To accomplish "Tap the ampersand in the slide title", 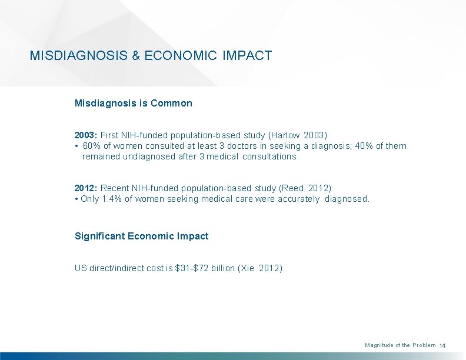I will tap(136, 56).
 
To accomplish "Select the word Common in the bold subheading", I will tap(171, 103).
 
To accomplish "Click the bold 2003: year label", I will tap(86, 135).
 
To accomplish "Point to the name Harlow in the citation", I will tap(283, 135).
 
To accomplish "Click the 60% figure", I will tap(92, 146).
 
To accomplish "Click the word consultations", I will tap(271, 156).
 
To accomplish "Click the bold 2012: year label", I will tap(86, 188).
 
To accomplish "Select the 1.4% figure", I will tap(112, 199).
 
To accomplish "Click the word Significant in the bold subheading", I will tap(99, 236).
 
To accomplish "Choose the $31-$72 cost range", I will tap(193, 268).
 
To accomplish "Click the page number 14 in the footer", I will tap(444, 345).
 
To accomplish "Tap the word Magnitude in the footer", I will tap(378, 345).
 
